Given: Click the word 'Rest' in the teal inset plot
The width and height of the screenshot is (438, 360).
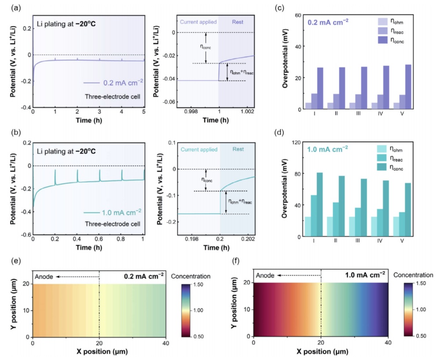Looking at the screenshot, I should pyautogui.click(x=237, y=149).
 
